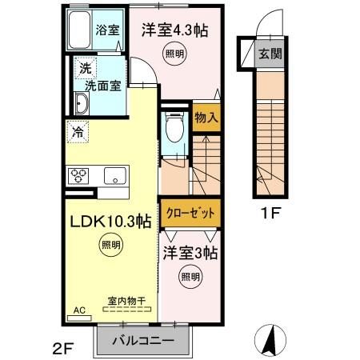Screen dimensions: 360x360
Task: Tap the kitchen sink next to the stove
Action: (112, 176)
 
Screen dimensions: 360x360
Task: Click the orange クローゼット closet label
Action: (190, 214)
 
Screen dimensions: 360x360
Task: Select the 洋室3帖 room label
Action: (192, 254)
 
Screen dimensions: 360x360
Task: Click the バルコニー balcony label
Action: (142, 340)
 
